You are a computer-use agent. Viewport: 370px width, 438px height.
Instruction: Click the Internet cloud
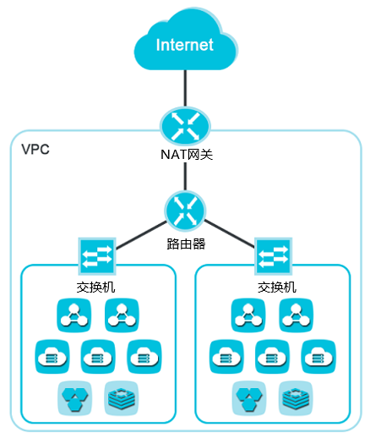[186, 42]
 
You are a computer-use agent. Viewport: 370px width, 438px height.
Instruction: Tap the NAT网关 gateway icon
[185, 125]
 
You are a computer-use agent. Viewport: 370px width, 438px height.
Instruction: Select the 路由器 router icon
[185, 211]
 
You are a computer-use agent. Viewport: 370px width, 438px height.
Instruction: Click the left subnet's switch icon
[97, 256]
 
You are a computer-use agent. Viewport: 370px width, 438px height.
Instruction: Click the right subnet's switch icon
[273, 256]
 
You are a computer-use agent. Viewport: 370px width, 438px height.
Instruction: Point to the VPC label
[35, 149]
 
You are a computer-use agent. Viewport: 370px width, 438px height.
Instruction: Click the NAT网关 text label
[187, 154]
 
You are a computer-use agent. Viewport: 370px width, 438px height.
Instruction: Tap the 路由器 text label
[186, 244]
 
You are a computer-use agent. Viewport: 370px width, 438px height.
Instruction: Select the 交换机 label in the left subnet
[95, 287]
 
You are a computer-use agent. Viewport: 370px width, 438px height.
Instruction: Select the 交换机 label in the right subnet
[277, 287]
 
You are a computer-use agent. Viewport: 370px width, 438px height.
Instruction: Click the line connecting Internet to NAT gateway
[185, 89]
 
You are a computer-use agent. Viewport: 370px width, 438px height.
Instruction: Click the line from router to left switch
[141, 235]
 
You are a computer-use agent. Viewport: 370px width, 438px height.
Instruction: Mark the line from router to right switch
[229, 234]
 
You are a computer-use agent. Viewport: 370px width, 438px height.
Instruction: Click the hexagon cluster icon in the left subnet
[75, 398]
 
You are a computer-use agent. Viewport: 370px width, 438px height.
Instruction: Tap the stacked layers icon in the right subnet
[296, 398]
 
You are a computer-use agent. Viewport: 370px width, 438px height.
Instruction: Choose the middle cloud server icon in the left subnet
[98, 357]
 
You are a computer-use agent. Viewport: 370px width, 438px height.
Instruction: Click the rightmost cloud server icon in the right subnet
[318, 357]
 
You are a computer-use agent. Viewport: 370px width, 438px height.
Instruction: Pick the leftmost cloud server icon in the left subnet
[52, 357]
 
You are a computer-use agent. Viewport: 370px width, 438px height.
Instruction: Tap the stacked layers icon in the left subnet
[122, 398]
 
